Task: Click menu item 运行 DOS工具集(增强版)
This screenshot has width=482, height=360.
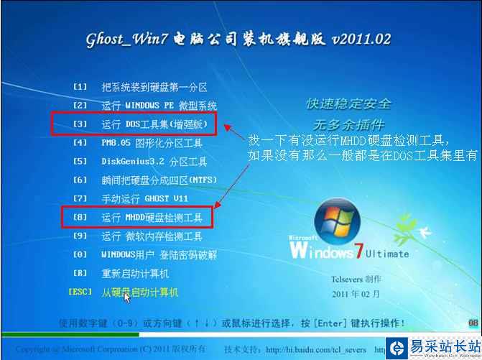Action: click(154, 124)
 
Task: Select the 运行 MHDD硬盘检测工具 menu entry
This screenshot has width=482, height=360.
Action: click(152, 217)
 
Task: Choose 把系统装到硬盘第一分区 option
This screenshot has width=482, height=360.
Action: click(154, 87)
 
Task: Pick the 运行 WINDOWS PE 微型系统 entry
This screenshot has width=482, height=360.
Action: click(158, 106)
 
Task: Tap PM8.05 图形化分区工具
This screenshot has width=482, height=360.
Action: click(152, 143)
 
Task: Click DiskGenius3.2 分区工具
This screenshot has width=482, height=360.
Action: click(154, 162)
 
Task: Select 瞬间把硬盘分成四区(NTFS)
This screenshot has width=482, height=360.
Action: click(158, 180)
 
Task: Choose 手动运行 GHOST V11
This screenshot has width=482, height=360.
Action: click(143, 198)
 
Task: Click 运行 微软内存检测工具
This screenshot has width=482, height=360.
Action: click(152, 236)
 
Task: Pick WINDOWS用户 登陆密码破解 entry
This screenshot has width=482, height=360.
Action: click(159, 254)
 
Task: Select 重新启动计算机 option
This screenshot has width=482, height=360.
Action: click(134, 273)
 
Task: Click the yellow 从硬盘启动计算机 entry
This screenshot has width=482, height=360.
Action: click(139, 292)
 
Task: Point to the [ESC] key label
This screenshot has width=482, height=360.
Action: click(80, 292)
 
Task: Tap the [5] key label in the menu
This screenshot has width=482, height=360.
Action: click(80, 162)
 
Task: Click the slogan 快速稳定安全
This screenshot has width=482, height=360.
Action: click(349, 104)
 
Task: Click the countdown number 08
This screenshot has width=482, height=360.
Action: click(473, 324)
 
